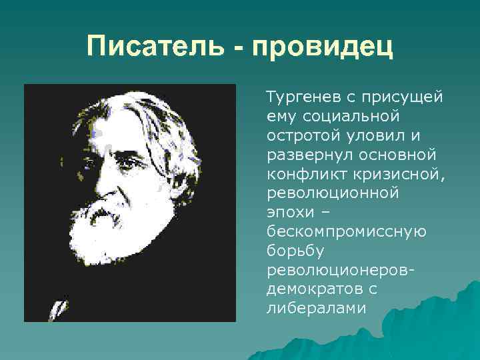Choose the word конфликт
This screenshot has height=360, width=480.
tap(302, 174)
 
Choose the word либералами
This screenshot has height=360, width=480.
tap(316, 308)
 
